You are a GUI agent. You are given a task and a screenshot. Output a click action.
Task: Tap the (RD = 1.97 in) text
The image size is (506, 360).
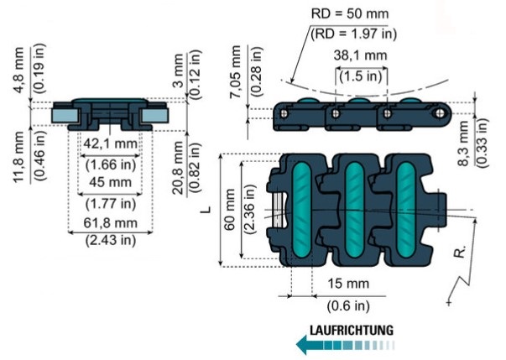click(x=352, y=34)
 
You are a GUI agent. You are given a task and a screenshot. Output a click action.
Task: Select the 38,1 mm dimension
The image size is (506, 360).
click(x=362, y=56)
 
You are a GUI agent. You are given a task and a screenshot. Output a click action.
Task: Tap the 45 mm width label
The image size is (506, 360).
click(x=109, y=182)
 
